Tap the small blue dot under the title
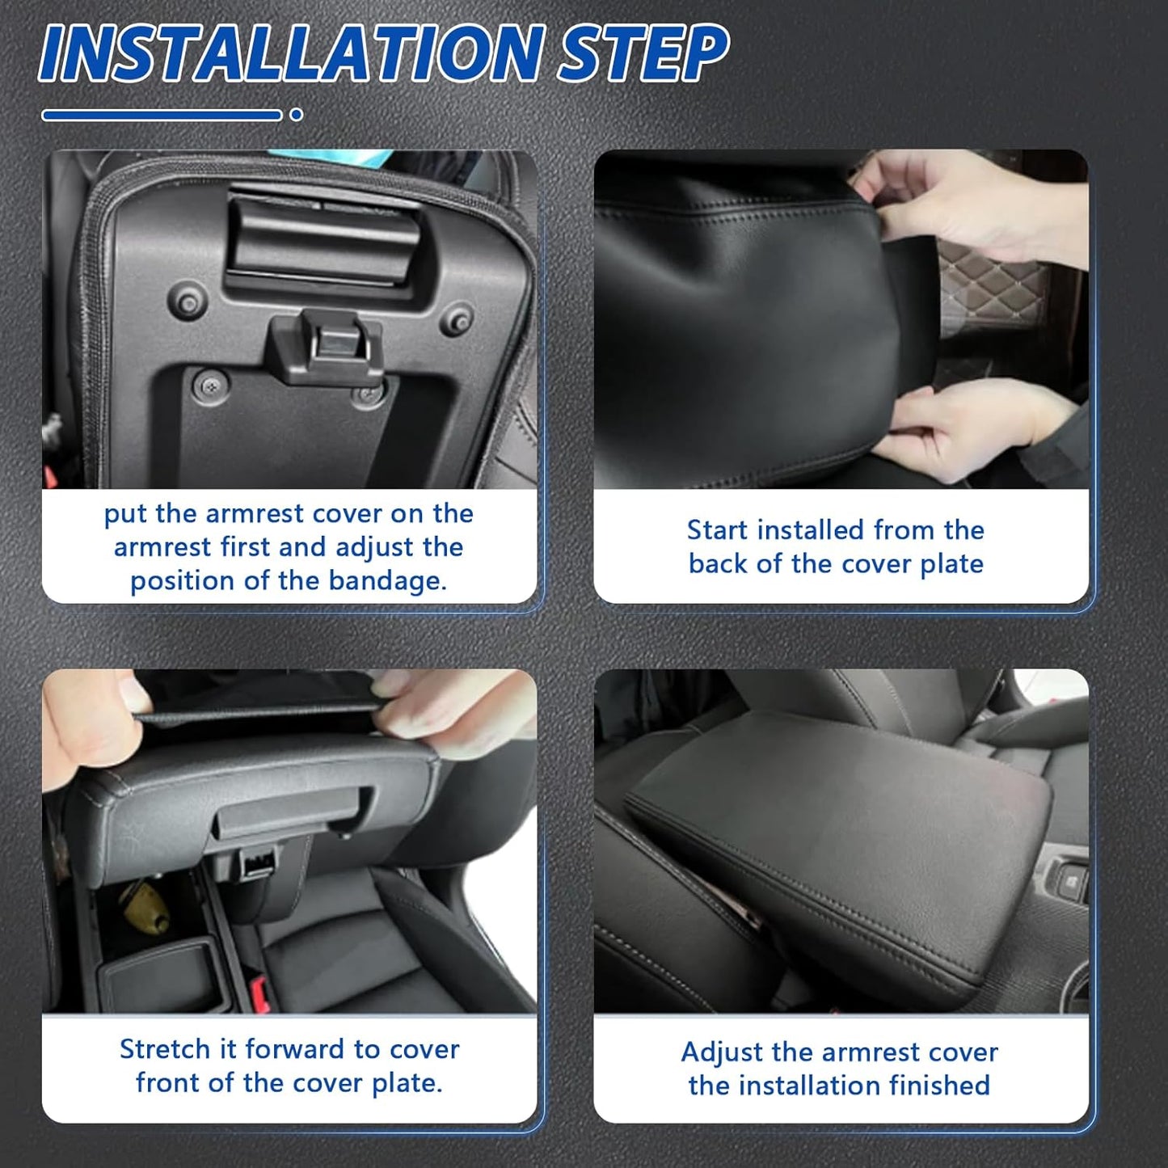point(296,115)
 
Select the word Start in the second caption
point(716,530)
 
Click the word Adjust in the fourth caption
point(722,1052)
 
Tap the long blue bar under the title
point(162,115)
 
